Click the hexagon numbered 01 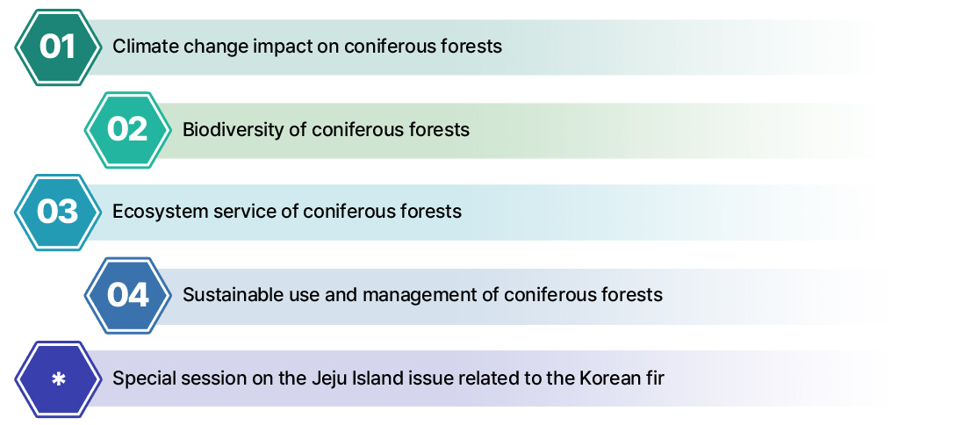(58, 47)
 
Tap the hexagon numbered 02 (127, 130)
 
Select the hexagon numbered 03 (58, 212)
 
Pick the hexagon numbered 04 (127, 295)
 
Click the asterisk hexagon (58, 379)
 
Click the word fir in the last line (655, 378)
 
